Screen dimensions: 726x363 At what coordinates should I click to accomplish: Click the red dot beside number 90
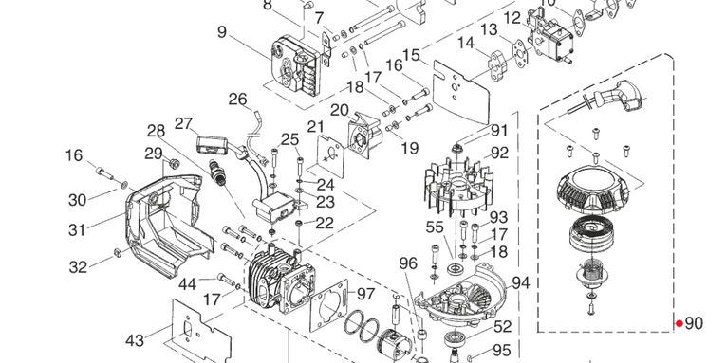(679, 324)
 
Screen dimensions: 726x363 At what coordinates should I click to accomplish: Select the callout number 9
(222, 32)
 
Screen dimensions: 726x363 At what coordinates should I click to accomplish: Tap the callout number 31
(77, 229)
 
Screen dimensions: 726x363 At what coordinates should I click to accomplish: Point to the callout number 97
(365, 294)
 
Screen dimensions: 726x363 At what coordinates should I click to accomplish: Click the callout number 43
(135, 341)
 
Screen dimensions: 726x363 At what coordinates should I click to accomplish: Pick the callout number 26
(238, 100)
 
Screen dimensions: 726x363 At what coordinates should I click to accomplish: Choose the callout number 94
(520, 282)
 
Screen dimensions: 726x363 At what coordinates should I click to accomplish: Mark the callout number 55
(435, 227)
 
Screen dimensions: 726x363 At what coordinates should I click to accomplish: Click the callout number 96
(408, 263)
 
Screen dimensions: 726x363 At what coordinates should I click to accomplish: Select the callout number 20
(340, 110)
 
